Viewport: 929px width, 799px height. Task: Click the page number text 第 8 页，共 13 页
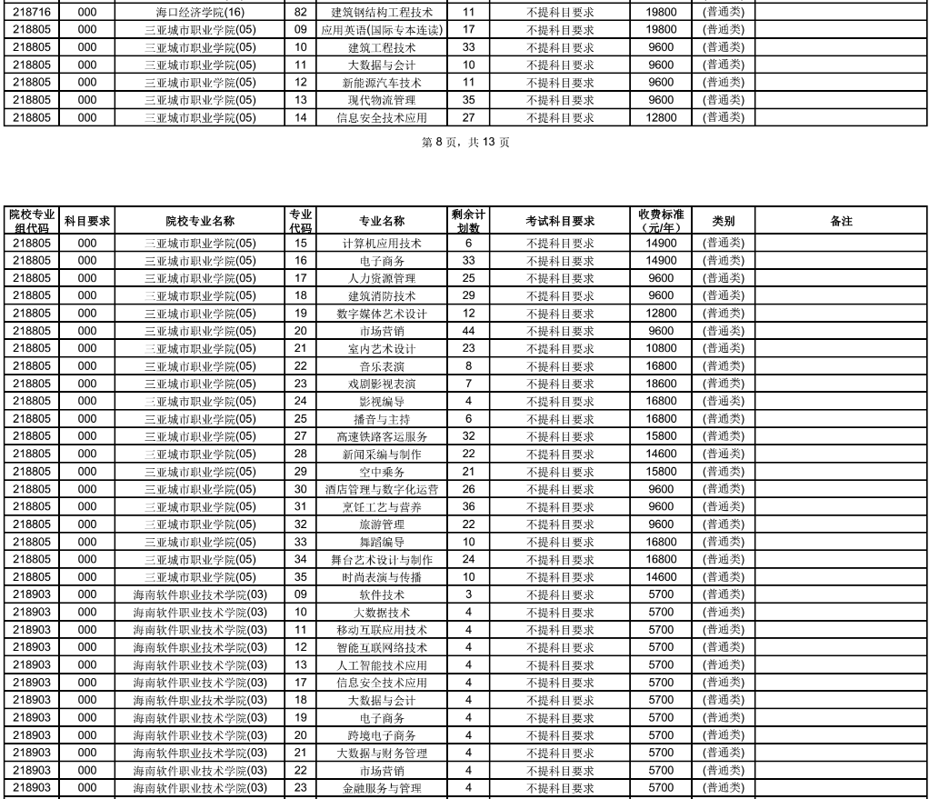click(465, 142)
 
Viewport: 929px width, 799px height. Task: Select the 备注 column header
click(842, 221)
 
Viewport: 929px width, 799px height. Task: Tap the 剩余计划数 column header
click(468, 221)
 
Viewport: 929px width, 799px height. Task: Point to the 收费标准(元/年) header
click(662, 221)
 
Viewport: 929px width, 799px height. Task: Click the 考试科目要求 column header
click(560, 221)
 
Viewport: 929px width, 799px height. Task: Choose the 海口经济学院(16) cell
click(200, 13)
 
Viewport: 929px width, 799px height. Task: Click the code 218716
click(32, 13)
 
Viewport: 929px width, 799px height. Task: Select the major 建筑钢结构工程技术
click(382, 13)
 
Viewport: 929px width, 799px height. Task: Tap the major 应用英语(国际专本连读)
click(382, 30)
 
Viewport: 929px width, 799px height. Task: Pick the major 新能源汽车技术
click(382, 83)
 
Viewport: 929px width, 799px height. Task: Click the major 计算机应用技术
click(382, 244)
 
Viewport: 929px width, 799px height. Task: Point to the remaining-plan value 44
click(468, 331)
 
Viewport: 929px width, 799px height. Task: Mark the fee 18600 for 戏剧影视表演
click(662, 384)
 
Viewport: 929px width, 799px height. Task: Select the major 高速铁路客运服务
click(382, 436)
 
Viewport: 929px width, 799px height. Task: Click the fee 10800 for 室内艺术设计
click(662, 348)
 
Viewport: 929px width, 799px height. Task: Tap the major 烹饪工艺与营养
click(382, 507)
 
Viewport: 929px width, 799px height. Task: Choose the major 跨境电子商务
click(382, 735)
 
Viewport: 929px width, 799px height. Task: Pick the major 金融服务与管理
click(382, 788)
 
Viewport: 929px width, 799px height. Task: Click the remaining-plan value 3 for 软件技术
click(468, 594)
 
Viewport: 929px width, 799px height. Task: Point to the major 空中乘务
click(382, 472)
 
